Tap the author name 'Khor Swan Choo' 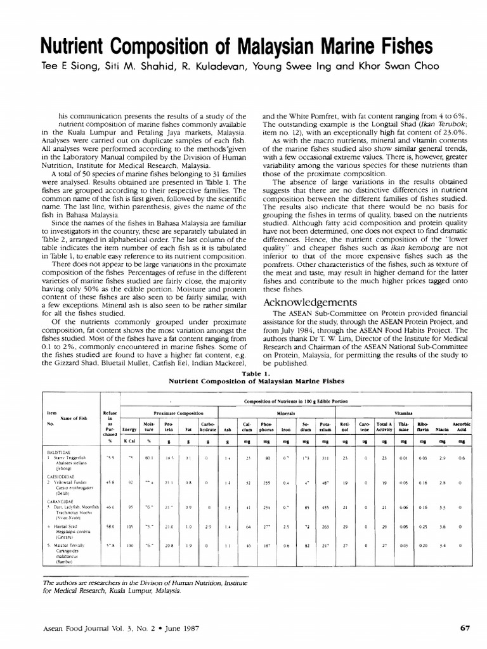pos(384,67)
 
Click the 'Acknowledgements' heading pos(311,302)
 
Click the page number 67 pos(465,629)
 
